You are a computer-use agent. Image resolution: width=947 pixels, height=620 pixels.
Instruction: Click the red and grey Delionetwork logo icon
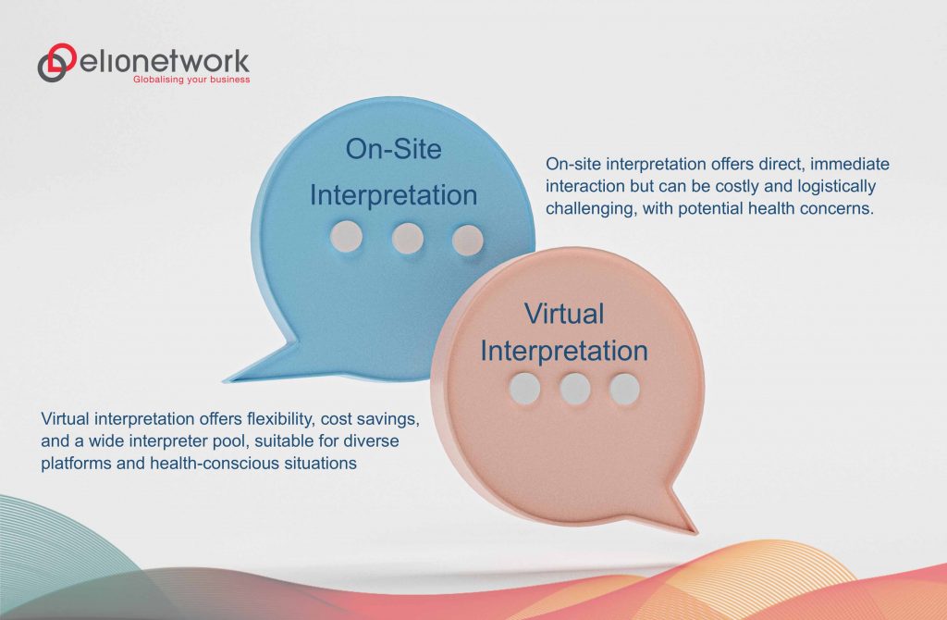click(x=57, y=63)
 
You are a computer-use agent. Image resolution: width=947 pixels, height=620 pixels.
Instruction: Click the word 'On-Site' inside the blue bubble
click(x=392, y=149)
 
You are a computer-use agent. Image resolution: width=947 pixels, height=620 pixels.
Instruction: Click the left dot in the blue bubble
click(x=346, y=237)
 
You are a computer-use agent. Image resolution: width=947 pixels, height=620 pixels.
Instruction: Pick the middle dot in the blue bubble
click(x=407, y=238)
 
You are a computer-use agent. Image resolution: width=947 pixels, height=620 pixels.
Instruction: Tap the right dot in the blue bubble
click(x=467, y=239)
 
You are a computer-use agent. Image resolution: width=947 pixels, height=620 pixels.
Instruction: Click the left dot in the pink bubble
click(x=524, y=389)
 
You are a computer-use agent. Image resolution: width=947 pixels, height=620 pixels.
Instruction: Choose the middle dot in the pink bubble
click(x=574, y=389)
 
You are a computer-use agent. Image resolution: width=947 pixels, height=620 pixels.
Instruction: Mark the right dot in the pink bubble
click(x=624, y=389)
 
